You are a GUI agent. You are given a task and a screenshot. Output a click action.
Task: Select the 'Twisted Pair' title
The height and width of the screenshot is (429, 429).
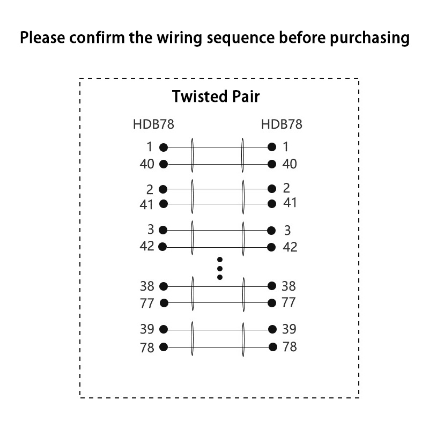(x=216, y=97)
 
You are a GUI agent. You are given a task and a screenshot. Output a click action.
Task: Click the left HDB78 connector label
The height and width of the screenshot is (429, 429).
(x=153, y=124)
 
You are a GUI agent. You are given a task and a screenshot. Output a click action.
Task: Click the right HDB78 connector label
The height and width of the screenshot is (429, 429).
(x=282, y=124)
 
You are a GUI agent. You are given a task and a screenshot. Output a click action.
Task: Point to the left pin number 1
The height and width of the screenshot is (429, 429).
(x=150, y=146)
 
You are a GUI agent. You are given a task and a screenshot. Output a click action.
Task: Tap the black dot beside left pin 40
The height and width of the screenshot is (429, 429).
(x=164, y=164)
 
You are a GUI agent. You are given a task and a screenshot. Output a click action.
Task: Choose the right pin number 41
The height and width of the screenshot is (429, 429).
(x=290, y=203)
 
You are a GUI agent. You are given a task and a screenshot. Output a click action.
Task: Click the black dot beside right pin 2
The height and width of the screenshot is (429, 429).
(x=272, y=188)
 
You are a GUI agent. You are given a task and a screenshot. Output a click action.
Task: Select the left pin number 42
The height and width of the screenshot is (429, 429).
(x=147, y=247)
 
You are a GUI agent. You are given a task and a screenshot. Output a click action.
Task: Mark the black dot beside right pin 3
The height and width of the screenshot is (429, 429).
(x=271, y=230)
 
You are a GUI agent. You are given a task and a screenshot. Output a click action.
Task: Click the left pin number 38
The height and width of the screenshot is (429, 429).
(x=147, y=286)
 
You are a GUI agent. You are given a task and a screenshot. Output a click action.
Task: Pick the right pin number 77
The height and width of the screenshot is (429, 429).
(x=289, y=302)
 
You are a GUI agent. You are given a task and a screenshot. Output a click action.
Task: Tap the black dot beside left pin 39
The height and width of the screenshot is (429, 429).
(x=164, y=329)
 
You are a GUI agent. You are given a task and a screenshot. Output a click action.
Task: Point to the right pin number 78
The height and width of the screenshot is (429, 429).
(x=290, y=347)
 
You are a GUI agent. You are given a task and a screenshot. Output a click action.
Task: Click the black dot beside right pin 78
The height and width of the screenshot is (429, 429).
(x=272, y=347)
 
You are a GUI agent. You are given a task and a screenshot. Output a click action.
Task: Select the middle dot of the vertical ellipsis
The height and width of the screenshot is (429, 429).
(x=219, y=268)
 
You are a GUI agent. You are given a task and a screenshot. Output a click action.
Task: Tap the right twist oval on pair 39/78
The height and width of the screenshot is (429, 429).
(x=243, y=338)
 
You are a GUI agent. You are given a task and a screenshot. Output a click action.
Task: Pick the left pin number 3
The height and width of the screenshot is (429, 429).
(x=151, y=230)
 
